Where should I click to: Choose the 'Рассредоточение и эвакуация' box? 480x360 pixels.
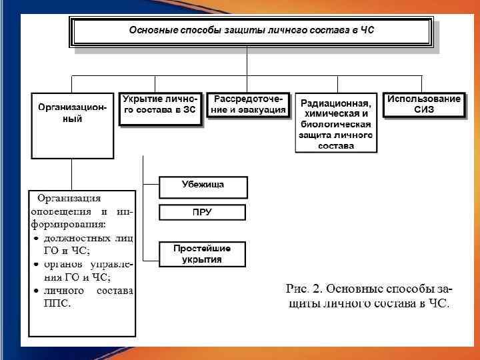tap(248, 105)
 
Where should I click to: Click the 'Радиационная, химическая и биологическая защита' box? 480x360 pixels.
tap(336, 123)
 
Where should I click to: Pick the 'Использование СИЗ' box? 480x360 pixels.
tap(424, 105)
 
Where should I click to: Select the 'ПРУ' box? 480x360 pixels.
tap(203, 212)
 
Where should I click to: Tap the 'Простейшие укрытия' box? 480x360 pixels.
tap(203, 253)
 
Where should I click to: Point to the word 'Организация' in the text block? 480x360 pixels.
tap(69, 197)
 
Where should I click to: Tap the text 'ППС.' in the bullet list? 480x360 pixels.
tap(57, 303)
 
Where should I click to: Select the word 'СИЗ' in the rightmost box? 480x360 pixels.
tap(424, 110)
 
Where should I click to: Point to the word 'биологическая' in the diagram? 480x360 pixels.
tap(336, 124)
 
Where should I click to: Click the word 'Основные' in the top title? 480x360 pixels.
tap(151, 30)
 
